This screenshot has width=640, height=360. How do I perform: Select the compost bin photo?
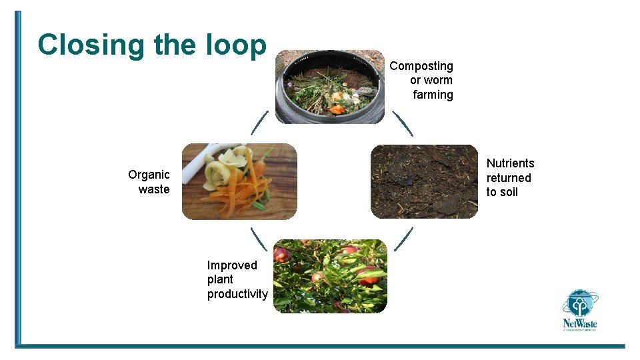330,87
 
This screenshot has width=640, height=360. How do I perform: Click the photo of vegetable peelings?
239,181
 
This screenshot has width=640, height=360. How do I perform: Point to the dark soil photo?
424,181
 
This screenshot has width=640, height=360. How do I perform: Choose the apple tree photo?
330,276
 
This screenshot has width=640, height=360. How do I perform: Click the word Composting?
421,66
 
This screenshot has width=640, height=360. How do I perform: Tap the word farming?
433,95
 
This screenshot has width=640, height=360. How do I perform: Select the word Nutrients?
510,163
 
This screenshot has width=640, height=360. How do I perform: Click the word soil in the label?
509,192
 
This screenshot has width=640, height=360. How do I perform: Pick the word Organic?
149,175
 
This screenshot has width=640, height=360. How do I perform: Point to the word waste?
154,189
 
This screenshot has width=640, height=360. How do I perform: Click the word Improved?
231,265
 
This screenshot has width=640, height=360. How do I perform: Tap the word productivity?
237,294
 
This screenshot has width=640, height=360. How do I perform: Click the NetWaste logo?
579,310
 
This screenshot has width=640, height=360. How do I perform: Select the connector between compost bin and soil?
403,123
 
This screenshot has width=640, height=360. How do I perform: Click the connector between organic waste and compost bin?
259,123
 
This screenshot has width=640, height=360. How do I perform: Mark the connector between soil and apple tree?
403,239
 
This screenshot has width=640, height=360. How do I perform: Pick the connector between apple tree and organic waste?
259,239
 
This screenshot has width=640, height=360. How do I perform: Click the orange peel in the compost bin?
339,109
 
